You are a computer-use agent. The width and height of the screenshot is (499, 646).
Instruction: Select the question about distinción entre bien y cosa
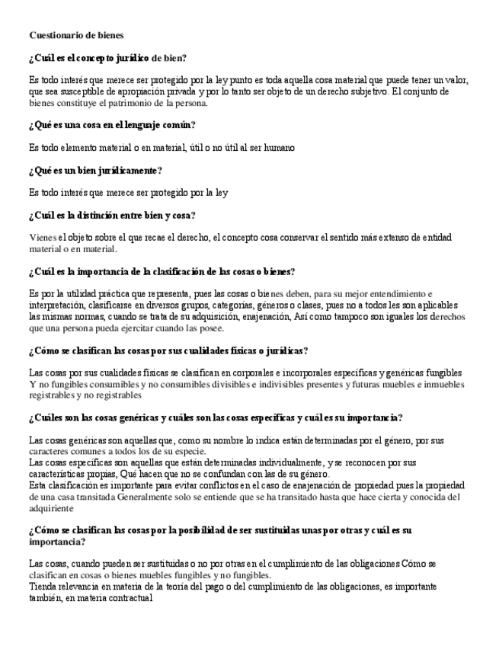click(x=112, y=215)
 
